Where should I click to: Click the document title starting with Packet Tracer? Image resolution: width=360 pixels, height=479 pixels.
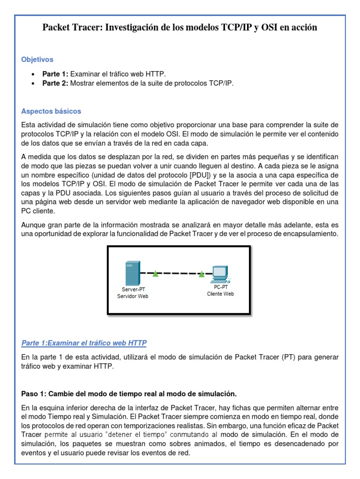pos(180,28)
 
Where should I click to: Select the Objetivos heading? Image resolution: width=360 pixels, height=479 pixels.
pos(37,59)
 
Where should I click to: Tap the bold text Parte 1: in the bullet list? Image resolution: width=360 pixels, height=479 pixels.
pos(55,74)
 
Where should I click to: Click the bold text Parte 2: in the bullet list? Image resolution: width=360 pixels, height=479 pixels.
pos(55,83)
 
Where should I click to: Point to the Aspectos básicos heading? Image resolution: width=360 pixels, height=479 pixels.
pos(51,111)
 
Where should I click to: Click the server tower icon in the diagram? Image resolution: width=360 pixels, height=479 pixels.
pos(131,274)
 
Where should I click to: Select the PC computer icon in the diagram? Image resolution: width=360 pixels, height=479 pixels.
pos(220,274)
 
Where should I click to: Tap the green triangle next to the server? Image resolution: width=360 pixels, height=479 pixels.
pos(155,274)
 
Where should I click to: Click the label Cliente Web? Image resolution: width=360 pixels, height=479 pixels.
pos(220,294)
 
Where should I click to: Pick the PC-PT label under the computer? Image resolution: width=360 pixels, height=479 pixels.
pos(220,288)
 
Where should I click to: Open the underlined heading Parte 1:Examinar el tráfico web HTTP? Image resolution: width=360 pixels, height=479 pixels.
pos(84,343)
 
